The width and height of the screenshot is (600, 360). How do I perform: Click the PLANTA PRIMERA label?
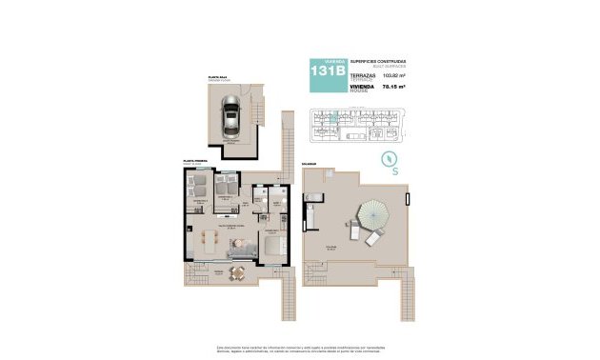point(195,163)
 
